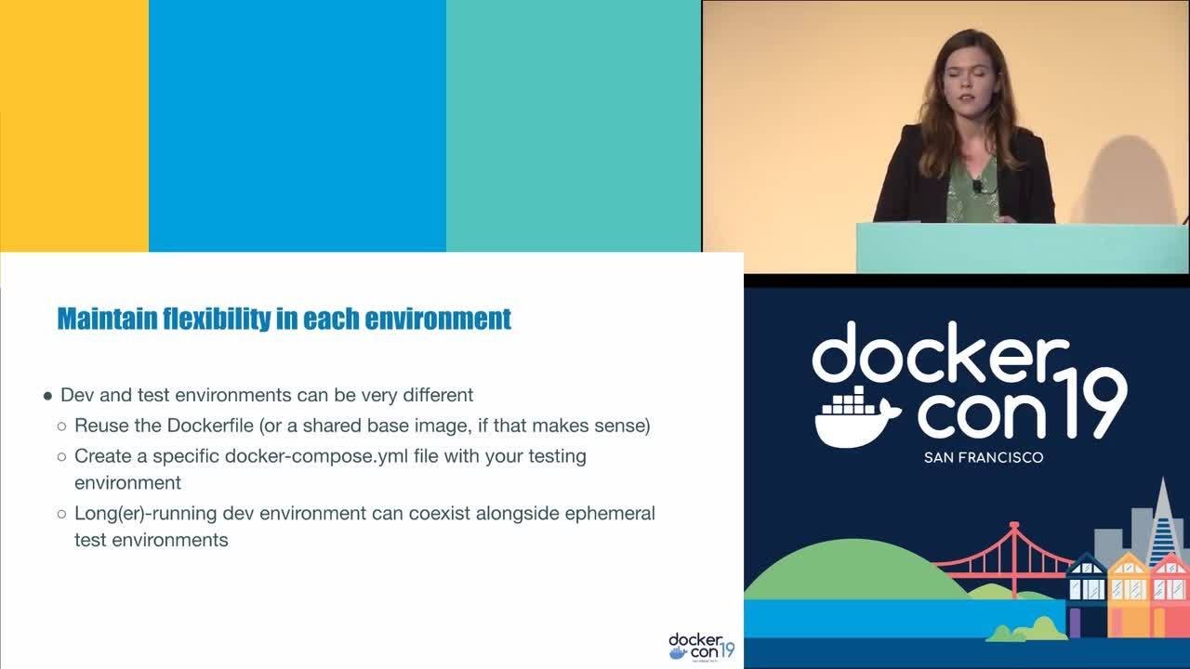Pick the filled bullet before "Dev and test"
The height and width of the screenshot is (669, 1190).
coord(48,396)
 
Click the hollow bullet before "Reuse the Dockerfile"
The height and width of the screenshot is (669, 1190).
coord(62,426)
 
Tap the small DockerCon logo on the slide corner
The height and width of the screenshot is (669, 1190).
coord(701,646)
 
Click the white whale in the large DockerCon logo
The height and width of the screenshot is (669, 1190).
coord(855,417)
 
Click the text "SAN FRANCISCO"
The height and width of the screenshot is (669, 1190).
coord(984,457)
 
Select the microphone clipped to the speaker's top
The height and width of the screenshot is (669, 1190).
coord(977,185)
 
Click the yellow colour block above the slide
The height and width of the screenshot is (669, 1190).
coord(74,125)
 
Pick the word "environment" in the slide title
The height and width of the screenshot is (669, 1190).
coord(438,319)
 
